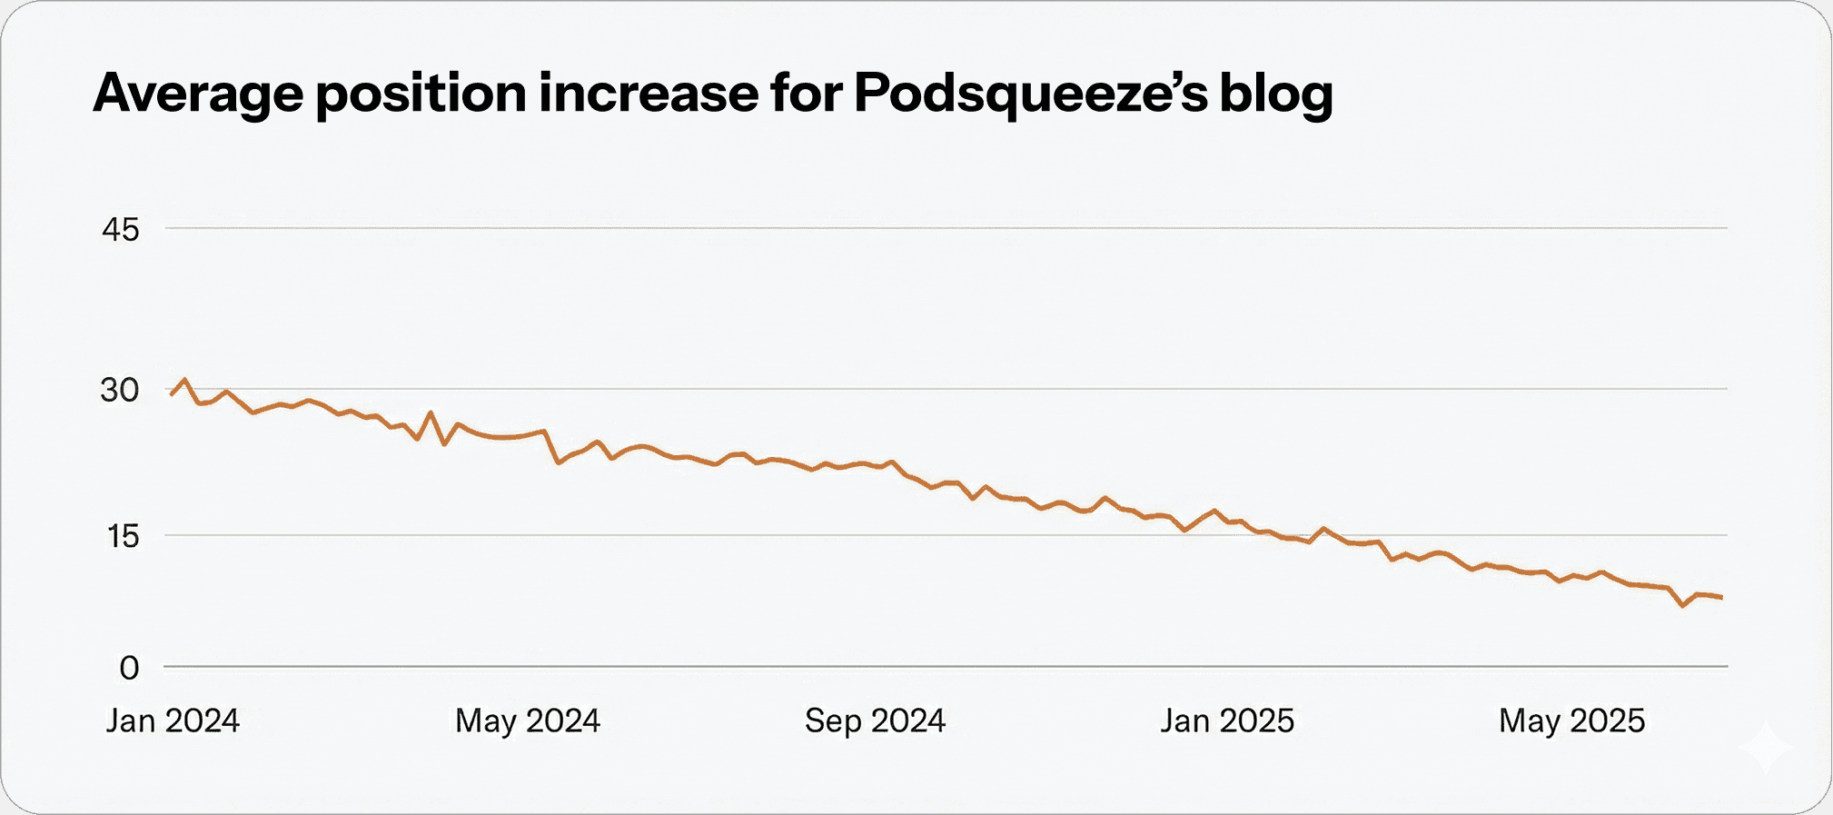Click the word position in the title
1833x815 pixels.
(421, 94)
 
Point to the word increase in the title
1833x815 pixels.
(648, 93)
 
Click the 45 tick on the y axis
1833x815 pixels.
(121, 230)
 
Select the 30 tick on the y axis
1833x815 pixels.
(120, 391)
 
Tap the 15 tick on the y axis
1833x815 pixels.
(123, 537)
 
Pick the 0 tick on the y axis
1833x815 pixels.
(129, 669)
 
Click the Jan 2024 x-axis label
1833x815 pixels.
(173, 721)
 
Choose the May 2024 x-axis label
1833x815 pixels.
(527, 721)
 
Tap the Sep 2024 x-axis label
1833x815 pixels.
(875, 721)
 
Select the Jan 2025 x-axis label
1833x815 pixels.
(1226, 721)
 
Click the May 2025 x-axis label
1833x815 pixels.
(1571, 721)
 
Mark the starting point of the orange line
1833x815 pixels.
(171, 394)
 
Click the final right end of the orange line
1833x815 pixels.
(1721, 598)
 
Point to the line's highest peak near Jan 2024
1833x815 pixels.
(185, 380)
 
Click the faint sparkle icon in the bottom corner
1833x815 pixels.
(1766, 749)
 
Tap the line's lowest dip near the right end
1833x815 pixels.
(1683, 605)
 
